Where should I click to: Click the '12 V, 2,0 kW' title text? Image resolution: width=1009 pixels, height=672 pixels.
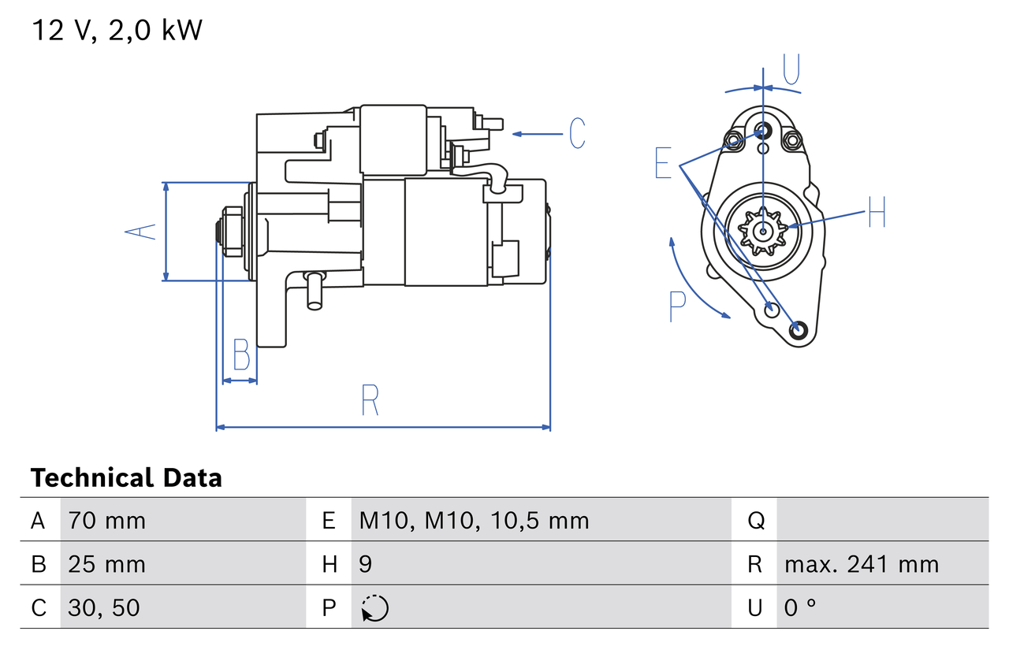[x=117, y=31]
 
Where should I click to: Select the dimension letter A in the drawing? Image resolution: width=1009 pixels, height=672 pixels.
[x=142, y=232]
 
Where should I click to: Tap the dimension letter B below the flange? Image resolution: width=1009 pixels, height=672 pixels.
[x=242, y=355]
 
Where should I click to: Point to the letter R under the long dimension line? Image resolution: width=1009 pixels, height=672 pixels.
[x=370, y=400]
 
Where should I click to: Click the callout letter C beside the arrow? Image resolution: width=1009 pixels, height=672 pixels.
[x=578, y=134]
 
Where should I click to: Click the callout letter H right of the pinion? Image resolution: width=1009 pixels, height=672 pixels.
[x=877, y=212]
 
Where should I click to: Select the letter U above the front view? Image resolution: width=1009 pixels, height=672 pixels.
[x=791, y=69]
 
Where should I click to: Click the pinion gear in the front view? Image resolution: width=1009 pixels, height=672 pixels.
[x=762, y=231]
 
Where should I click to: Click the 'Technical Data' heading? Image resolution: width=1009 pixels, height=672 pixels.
[x=126, y=478]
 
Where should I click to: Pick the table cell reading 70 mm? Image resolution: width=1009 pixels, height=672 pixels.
[x=107, y=521]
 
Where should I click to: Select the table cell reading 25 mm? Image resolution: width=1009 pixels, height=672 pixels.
[x=107, y=564]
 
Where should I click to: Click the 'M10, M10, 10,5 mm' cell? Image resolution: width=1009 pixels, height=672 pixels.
[x=474, y=521]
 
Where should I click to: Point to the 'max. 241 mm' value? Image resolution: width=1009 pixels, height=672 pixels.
[x=862, y=564]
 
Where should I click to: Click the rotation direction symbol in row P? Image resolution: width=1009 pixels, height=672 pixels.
[x=375, y=608]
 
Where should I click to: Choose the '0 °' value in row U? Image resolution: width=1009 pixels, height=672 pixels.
[x=800, y=607]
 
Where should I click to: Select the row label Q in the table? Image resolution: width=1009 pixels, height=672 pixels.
[x=755, y=521]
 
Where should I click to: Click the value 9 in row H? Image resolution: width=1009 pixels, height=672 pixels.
[x=367, y=564]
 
